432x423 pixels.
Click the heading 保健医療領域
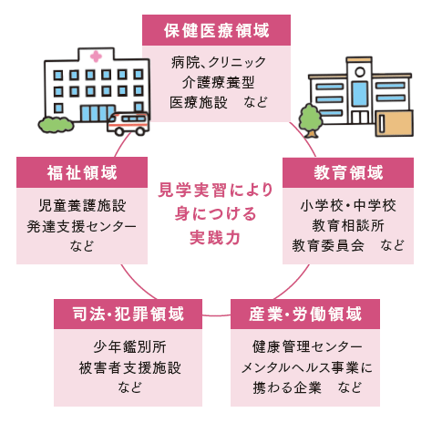pos(216,30)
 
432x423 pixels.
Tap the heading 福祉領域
pos(82,172)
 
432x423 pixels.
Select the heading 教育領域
pos(348,172)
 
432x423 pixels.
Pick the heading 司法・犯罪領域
pos(129,314)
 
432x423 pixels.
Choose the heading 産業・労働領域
pos(305,314)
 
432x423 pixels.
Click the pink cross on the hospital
pos(96,57)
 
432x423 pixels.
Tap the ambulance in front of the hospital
pos(129,124)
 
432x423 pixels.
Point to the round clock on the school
pos(360,72)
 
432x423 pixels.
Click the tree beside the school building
pos(310,120)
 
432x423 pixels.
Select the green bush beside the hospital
pos(56,125)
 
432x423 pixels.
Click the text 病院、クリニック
pos(218,63)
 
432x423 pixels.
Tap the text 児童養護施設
pos(82,206)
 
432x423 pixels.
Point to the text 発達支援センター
pos(81,226)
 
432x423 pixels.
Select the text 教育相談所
pos(348,225)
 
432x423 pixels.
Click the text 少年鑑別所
pos(129,347)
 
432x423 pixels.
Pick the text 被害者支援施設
pos(129,367)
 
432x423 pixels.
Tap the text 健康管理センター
pos(307,347)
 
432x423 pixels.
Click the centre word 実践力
pos(215,237)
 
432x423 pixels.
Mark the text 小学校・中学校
pos(348,206)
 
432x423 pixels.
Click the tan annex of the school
pos(395,123)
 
